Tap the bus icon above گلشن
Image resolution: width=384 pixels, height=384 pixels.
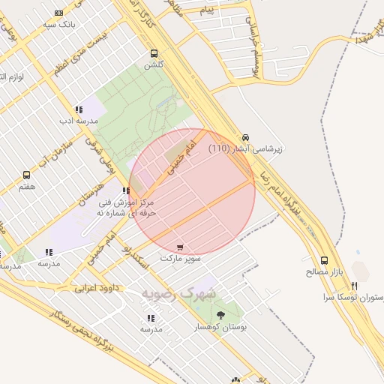click(x=154, y=53)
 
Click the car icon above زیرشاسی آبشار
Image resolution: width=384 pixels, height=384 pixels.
click(x=245, y=136)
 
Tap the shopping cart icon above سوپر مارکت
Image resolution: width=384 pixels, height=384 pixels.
click(x=179, y=247)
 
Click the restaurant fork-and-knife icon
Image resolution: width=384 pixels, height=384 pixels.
click(x=354, y=286)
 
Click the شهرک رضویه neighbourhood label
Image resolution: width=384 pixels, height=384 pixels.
click(x=179, y=292)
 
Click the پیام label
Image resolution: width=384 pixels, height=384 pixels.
click(x=208, y=10)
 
